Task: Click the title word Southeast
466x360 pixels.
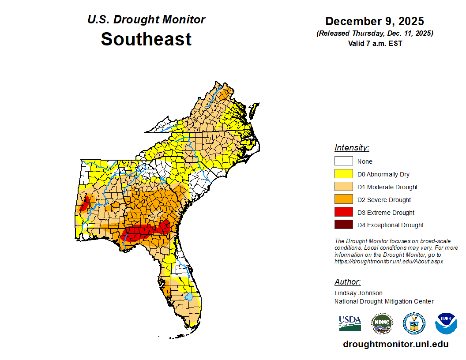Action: (146, 39)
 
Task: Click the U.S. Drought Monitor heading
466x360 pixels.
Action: (146, 20)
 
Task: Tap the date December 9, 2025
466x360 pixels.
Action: (374, 21)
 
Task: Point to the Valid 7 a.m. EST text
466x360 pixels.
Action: (375, 43)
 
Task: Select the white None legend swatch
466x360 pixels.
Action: (343, 161)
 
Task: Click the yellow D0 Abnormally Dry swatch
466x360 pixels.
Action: (343, 174)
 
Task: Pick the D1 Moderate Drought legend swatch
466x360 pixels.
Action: (343, 187)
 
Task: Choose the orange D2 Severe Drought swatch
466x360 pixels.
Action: (343, 199)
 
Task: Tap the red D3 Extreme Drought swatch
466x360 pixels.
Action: (343, 212)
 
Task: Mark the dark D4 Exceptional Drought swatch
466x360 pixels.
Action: (343, 225)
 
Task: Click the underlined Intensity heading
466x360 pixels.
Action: (352, 148)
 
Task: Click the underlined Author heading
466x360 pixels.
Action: (347, 282)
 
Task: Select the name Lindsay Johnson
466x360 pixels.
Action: (358, 293)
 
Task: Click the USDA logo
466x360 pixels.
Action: (350, 323)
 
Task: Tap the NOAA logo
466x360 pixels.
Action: (446, 323)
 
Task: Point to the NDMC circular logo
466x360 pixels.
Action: (382, 323)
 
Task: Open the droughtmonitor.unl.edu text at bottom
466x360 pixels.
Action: (395, 344)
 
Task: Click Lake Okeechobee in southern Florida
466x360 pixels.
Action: (189, 297)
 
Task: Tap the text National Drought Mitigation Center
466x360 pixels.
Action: (384, 301)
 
